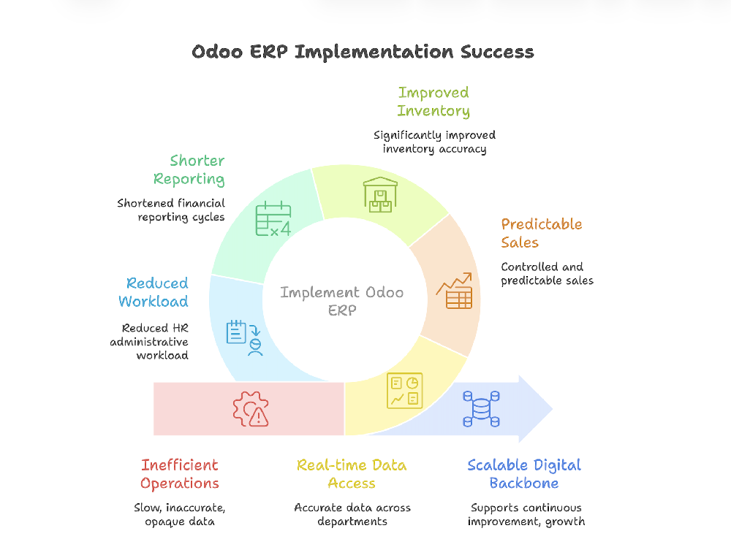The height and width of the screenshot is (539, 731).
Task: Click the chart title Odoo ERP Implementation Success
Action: coord(363,52)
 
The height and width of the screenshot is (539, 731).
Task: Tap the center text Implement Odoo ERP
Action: coord(341,301)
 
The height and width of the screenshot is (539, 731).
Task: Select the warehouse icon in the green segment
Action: coord(380,195)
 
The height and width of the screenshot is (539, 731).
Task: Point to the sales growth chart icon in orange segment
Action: coord(455,291)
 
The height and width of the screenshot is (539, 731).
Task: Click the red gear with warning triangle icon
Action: coord(251,408)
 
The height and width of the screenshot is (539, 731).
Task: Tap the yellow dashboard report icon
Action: coord(404,391)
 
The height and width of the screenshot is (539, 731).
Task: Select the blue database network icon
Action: coord(481,409)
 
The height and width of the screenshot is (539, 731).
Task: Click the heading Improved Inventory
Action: coord(433,102)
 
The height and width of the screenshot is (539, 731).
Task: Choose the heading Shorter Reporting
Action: coord(189,169)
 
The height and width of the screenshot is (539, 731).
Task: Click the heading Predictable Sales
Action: coord(541,233)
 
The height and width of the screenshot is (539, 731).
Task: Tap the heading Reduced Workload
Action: coord(154,292)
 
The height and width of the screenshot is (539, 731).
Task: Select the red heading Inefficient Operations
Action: coord(179,474)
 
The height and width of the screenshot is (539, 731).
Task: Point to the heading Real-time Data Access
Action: coord(352,474)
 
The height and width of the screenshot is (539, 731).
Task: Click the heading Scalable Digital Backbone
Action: coord(524,474)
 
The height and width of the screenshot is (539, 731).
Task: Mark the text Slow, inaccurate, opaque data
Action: coord(179,514)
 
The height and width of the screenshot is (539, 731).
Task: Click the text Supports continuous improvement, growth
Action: coord(526,514)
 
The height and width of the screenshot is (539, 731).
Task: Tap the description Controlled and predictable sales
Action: coord(547,274)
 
